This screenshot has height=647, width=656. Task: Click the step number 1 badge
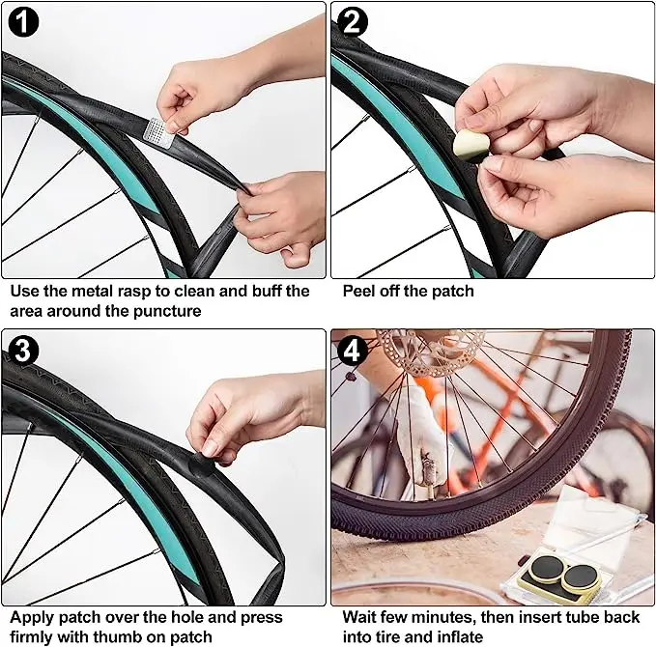[x=23, y=21]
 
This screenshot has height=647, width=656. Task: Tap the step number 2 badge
[x=353, y=21]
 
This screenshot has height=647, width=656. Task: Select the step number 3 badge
[x=23, y=351]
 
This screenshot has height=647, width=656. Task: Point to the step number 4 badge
[x=353, y=351]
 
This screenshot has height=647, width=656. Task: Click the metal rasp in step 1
[x=159, y=132]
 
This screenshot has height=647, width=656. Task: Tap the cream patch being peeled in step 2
[x=471, y=145]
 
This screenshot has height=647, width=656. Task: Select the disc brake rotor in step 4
[x=431, y=352]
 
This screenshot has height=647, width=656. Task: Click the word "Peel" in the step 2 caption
[x=359, y=291]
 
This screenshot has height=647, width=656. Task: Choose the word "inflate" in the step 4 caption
[x=460, y=637]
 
